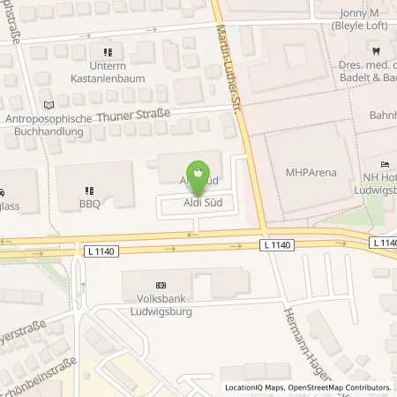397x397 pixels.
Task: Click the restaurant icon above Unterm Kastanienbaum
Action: coord(109,52)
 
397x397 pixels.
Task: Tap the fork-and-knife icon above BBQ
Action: coord(88,190)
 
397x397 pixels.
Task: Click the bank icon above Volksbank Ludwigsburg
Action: coord(160,286)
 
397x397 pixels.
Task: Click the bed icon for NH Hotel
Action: coord(385,164)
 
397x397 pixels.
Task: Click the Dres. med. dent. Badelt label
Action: coord(367,71)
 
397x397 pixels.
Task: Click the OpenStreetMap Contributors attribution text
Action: coord(339,388)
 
